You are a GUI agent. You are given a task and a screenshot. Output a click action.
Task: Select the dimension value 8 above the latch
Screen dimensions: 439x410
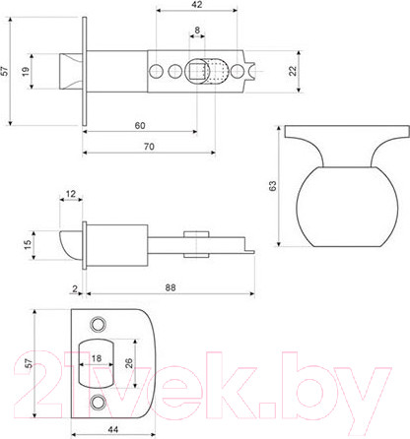click(197, 31)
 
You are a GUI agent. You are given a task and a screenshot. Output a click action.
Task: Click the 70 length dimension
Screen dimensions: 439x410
click(148, 147)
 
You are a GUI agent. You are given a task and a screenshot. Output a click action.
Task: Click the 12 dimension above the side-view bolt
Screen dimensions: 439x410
click(70, 193)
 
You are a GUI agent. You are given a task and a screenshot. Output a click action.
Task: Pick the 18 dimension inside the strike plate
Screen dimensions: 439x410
click(98, 359)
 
